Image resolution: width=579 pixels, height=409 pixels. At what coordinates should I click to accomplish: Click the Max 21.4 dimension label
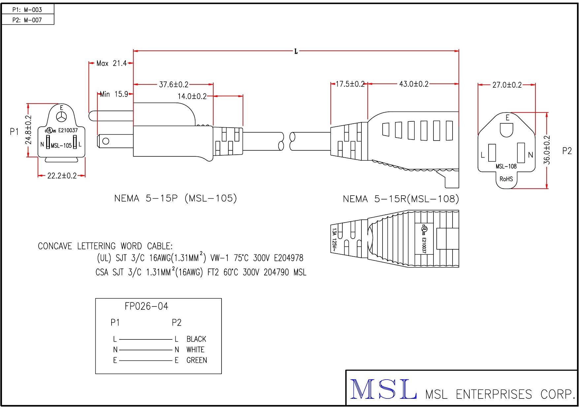[112, 63]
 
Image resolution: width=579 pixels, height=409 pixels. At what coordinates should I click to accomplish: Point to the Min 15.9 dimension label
[114, 94]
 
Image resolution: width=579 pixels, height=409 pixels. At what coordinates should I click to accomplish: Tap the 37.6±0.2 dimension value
[174, 85]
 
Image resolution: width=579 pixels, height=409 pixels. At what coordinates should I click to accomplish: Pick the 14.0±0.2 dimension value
[192, 96]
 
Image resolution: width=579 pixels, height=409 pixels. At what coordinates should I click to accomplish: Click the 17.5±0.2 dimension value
[350, 84]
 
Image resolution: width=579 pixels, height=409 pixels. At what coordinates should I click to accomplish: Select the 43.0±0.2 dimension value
[414, 84]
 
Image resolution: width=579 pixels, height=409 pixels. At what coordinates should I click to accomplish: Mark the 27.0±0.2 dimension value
[507, 85]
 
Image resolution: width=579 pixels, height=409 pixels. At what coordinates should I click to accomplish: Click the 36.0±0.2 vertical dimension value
[547, 150]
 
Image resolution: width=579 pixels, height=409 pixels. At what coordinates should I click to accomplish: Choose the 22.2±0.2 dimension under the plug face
[62, 176]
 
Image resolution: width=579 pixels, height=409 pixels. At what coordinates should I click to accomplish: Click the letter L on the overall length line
[296, 51]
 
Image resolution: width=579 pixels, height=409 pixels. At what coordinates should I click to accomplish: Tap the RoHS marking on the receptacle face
[506, 179]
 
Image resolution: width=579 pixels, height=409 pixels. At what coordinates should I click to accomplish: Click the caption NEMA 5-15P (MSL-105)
[176, 198]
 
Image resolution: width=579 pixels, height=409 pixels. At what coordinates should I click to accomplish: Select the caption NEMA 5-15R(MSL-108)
[401, 199]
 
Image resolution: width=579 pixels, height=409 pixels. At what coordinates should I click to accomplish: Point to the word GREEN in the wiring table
[197, 360]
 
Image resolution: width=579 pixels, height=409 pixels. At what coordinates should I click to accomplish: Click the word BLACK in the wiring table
[196, 339]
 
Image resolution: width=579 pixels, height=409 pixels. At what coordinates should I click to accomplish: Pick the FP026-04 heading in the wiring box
[146, 306]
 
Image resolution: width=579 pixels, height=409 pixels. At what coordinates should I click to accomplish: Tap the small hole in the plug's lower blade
[106, 141]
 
